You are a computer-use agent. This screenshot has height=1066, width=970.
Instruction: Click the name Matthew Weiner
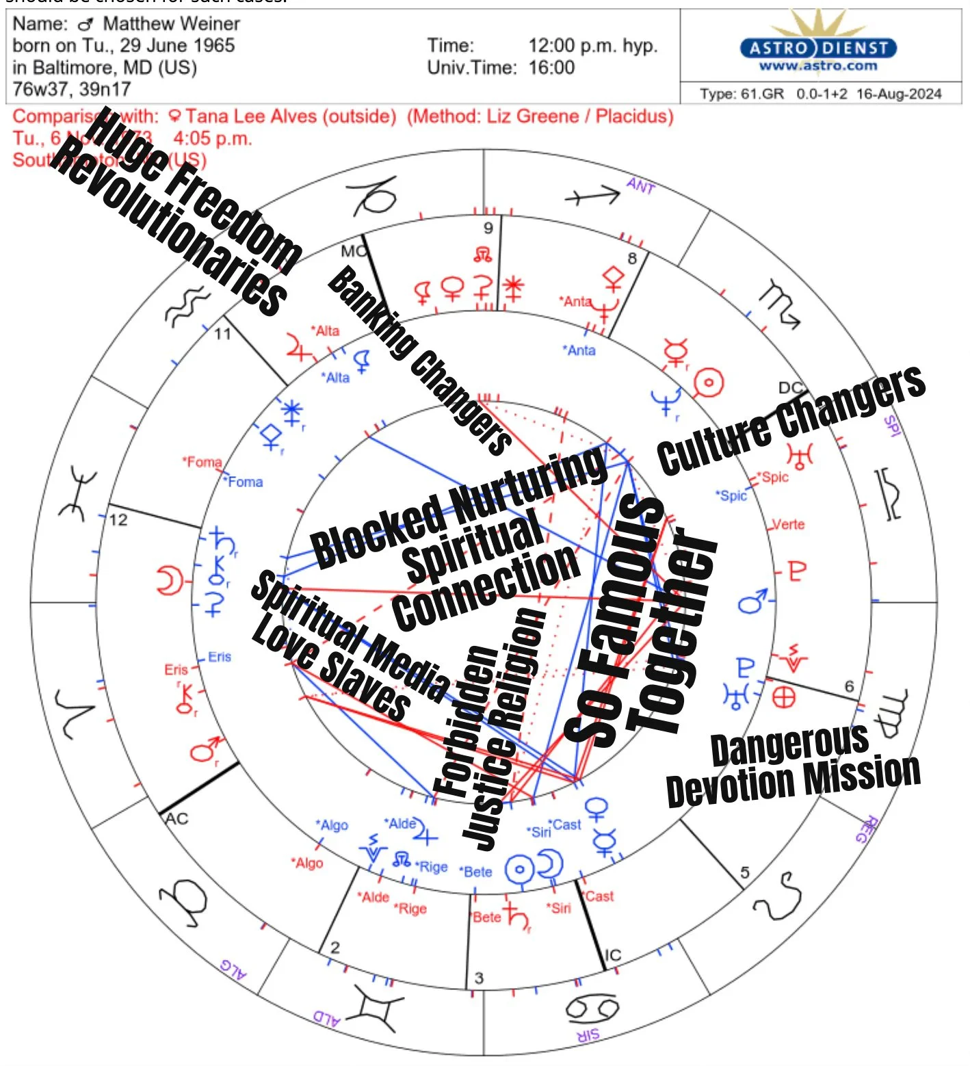click(x=171, y=24)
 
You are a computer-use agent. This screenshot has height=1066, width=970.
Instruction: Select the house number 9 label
click(x=488, y=229)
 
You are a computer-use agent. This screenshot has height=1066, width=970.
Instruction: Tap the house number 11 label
click(x=223, y=334)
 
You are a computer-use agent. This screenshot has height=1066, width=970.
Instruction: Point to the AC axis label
click(x=176, y=818)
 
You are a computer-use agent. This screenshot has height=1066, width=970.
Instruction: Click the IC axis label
click(x=613, y=955)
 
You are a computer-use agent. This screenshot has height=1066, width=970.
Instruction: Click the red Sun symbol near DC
click(x=709, y=382)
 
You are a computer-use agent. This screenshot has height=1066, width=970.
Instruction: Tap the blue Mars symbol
click(x=752, y=602)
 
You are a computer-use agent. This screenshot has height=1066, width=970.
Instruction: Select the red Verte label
click(x=788, y=525)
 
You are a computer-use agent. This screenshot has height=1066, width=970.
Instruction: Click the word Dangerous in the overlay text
click(x=789, y=746)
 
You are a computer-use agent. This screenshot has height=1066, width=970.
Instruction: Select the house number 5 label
click(x=745, y=873)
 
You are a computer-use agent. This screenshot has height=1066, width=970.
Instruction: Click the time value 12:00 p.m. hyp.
click(x=592, y=46)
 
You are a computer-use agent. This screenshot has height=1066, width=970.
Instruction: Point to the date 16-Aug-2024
click(x=899, y=94)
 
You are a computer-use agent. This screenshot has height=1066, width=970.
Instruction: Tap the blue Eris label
click(x=220, y=657)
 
